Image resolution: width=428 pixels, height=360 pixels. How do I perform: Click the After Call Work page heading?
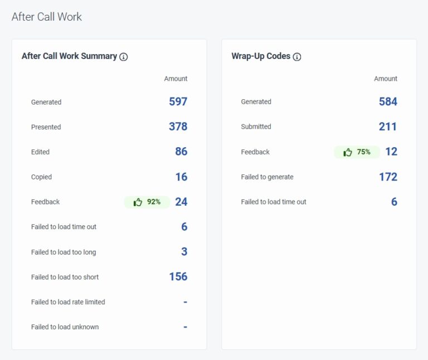point(47,17)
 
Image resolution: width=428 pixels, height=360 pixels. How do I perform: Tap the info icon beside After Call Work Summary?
point(124,57)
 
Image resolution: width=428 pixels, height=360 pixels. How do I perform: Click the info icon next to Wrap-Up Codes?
point(297,57)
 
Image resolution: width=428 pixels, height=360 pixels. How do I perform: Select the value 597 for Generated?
point(178,101)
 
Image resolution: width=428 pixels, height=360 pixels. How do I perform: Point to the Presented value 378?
point(178,127)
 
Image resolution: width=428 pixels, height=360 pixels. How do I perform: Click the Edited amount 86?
point(181,152)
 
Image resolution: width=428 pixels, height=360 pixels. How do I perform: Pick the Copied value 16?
point(181,177)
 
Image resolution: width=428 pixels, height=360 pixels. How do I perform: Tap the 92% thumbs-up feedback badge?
point(147,202)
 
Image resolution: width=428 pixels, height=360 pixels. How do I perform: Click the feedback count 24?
point(181,202)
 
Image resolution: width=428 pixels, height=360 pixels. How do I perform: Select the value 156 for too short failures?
point(178,276)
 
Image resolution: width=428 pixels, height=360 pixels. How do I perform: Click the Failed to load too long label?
point(64,252)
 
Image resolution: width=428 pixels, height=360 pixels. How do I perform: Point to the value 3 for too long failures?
point(184,252)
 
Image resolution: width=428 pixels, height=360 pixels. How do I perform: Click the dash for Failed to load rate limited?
point(185,302)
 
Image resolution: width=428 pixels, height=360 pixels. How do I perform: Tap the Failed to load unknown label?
point(65,327)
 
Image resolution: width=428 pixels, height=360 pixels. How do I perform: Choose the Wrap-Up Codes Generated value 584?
point(388,101)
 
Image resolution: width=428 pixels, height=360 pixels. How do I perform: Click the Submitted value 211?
point(388,127)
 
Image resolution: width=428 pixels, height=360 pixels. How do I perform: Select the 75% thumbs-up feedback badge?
point(357,152)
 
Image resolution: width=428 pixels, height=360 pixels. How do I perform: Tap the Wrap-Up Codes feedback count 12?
point(391,152)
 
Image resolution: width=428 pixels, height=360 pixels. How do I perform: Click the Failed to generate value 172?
point(388,177)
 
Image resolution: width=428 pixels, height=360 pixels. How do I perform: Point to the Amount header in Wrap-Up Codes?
point(386,79)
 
